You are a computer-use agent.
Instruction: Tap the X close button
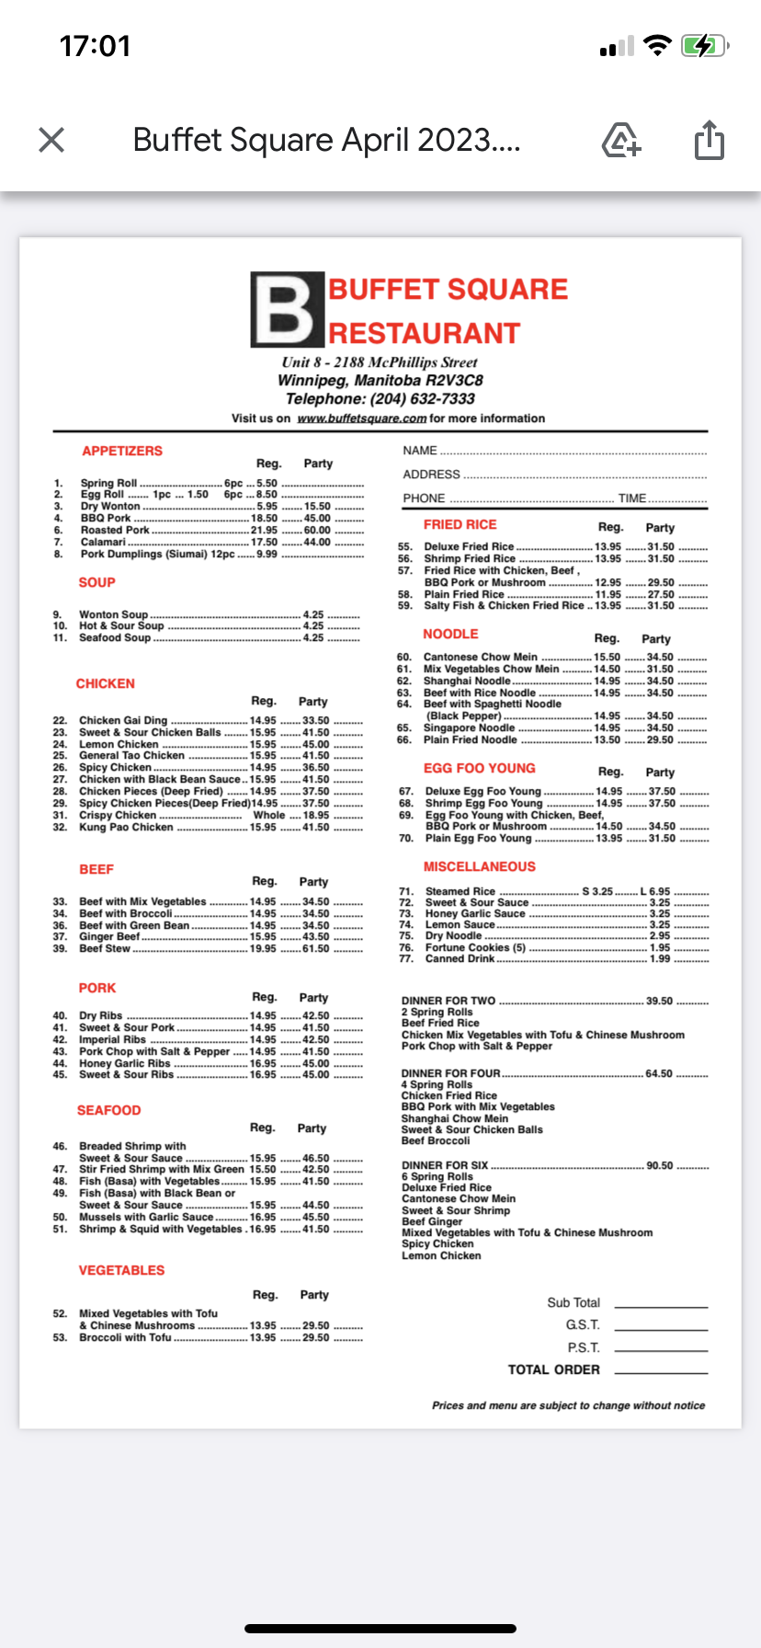51,140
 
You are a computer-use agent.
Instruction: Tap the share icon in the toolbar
709,140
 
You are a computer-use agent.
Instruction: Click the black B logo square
288,310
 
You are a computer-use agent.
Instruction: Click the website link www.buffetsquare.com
361,418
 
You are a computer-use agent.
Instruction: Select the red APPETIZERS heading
122,451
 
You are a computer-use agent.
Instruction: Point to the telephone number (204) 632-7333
423,399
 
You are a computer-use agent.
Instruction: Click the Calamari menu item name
103,543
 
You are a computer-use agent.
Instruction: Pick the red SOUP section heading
97,582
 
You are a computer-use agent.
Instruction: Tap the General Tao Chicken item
131,756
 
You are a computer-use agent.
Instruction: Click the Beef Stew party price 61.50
315,949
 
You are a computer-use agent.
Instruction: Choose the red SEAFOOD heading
109,1111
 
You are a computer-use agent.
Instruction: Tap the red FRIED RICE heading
460,524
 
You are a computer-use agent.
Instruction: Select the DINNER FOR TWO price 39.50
659,1001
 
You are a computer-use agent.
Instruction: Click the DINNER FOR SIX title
445,1165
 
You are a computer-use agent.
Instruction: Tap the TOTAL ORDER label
553,1369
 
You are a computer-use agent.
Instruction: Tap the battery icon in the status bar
704,46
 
